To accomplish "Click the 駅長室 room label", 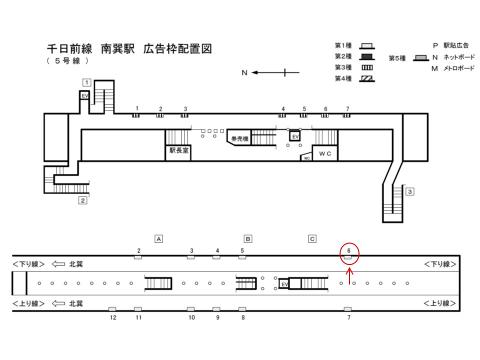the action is point(179,150).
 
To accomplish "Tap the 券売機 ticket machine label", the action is point(239,138).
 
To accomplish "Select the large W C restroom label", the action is point(325,153).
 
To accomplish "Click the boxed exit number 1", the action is point(87,82).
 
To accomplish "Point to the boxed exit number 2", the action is point(82,200).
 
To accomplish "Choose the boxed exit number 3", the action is point(410,192).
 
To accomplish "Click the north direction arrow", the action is point(275,72).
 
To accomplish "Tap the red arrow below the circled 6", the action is point(349,276).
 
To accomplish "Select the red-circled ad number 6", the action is point(348,250).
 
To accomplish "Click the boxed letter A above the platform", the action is point(158,239).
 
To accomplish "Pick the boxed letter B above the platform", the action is point(248,239).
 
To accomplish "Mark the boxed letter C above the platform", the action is point(312,239).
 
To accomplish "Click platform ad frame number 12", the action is point(112,309).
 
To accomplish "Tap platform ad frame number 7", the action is point(347,309).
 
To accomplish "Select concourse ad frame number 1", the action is point(136,115).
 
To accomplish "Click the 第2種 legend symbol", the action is point(366,57).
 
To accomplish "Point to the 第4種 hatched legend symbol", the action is point(366,79).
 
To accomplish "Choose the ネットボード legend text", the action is point(459,57).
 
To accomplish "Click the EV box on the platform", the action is point(284,284).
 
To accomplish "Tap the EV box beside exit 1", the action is point(84,95).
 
